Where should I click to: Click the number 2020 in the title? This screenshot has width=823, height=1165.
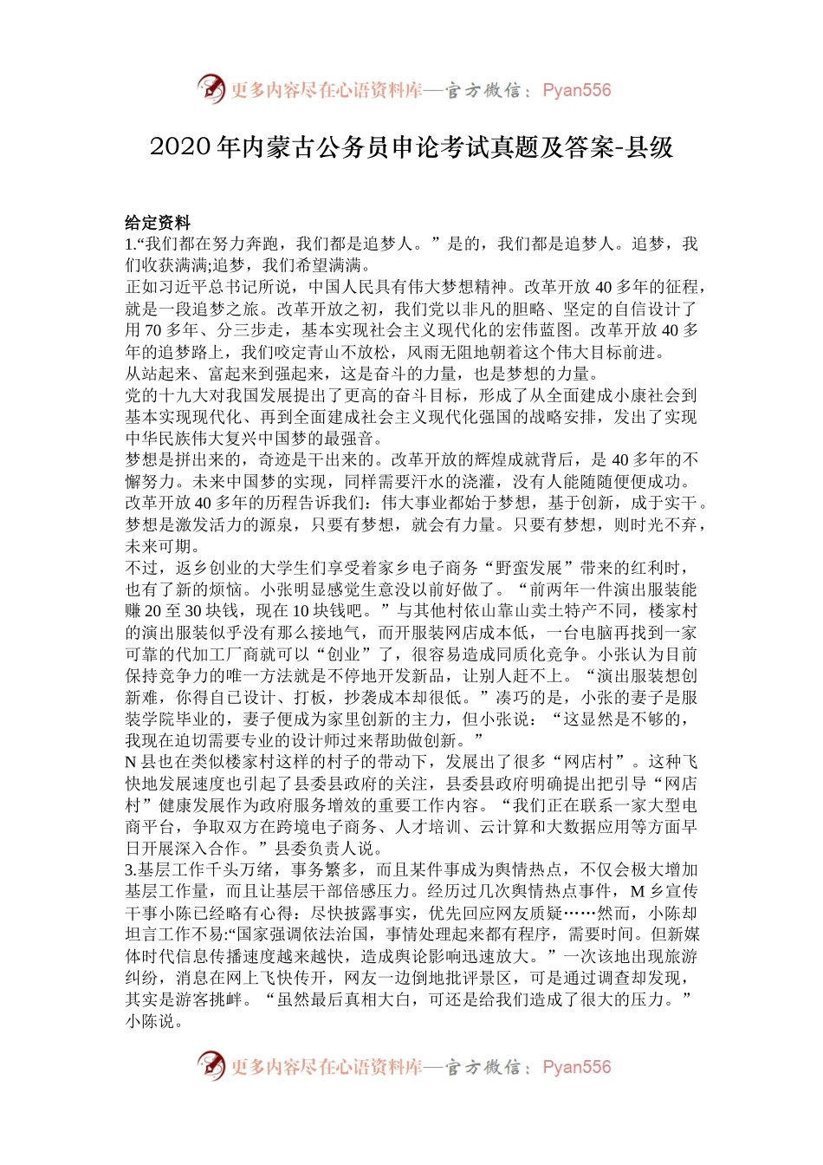(181, 147)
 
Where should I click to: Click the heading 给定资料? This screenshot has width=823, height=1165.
(158, 223)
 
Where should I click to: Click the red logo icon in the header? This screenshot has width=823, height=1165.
(211, 89)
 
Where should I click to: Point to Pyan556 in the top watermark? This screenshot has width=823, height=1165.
(576, 90)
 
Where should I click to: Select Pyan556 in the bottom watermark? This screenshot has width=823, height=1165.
(576, 1067)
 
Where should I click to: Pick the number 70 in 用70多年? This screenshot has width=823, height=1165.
(152, 330)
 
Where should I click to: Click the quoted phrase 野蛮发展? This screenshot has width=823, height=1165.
(533, 569)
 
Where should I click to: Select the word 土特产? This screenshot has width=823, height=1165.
(575, 612)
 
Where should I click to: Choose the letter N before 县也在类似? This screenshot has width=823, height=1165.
(131, 763)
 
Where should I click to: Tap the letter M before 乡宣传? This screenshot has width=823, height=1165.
(637, 892)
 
